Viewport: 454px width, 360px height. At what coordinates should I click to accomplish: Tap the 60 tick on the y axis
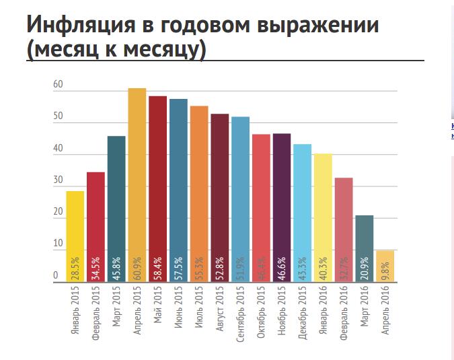tap(58, 85)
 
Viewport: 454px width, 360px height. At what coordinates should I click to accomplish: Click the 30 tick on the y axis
tap(58, 180)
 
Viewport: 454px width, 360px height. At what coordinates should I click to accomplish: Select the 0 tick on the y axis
tap(56, 275)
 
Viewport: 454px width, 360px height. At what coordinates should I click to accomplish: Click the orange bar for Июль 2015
tap(199, 188)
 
